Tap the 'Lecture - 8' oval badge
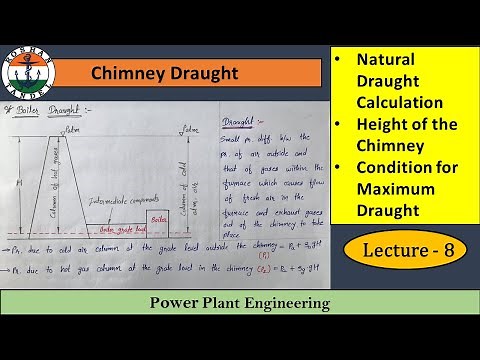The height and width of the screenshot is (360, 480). point(405,252)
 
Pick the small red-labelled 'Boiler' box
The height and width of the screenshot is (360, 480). point(159,217)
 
